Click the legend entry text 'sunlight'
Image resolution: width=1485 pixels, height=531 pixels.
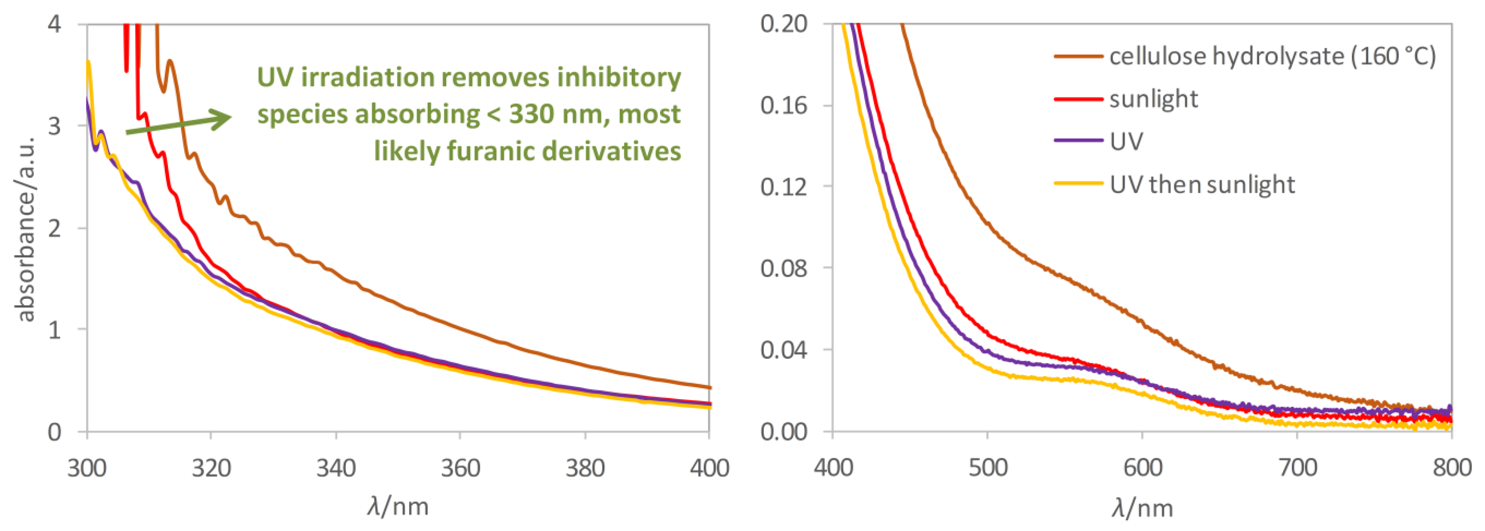tap(1154, 99)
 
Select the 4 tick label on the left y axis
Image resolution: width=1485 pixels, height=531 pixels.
tap(55, 25)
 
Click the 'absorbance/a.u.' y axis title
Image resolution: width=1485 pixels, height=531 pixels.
tap(26, 229)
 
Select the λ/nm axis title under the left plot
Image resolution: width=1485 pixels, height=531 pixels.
tap(398, 507)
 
